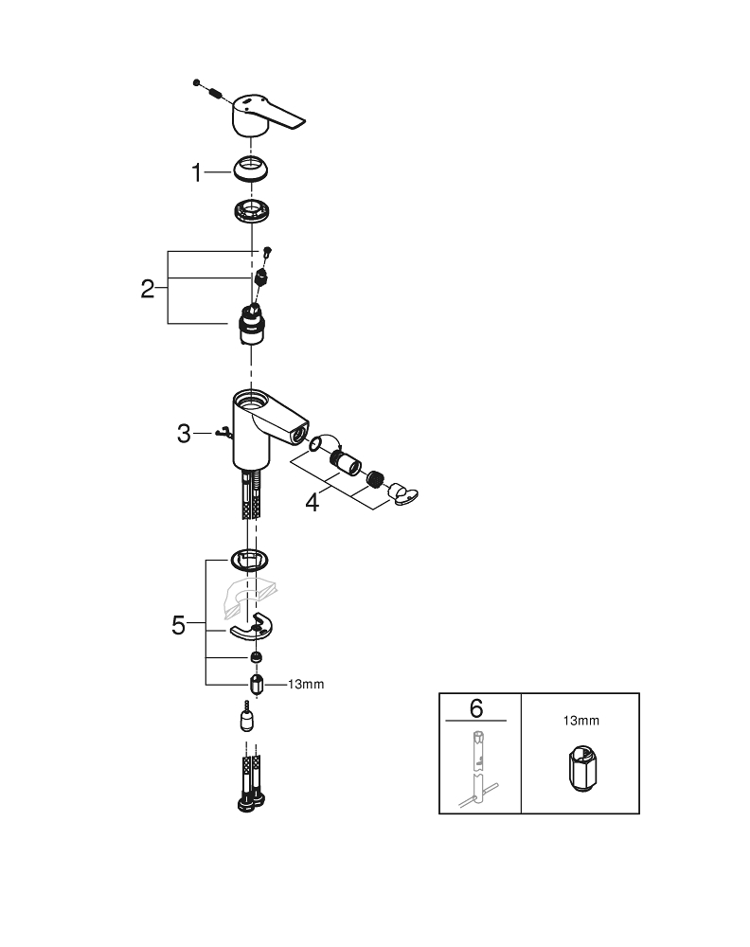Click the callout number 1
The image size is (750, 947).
click(197, 173)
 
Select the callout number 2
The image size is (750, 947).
click(147, 289)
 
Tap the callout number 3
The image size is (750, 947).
click(185, 435)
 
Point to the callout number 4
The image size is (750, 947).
click(312, 502)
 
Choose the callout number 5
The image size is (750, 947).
click(178, 626)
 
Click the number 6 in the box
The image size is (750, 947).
click(476, 707)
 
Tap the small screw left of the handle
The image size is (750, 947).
click(196, 83)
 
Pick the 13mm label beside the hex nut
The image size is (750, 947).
click(305, 685)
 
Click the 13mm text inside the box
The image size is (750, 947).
click(580, 721)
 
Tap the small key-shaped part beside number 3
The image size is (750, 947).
click(223, 434)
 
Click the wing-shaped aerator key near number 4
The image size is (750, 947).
click(402, 493)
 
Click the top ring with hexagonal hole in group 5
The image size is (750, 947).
click(250, 560)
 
